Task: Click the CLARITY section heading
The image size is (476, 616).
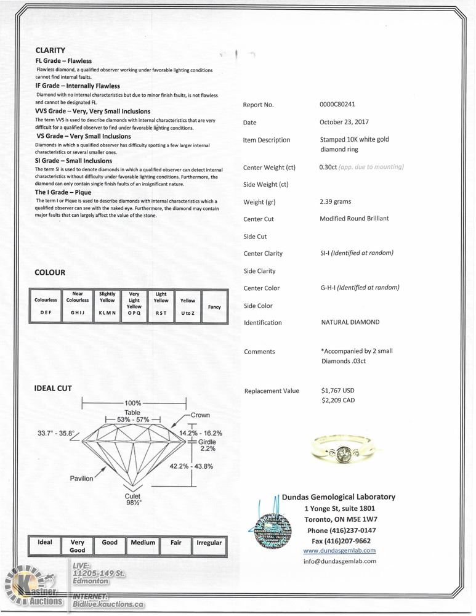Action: [x=50, y=51]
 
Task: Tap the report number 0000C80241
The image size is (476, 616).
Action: [x=337, y=105]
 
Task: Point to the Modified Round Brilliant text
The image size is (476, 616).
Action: [x=354, y=219]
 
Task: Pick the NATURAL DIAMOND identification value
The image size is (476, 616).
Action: [x=350, y=322]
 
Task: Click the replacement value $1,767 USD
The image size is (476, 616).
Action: [x=338, y=391]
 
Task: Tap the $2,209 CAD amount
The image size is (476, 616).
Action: [x=338, y=400]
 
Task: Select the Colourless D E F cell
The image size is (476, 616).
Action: [x=46, y=306]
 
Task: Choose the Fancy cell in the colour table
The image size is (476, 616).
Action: [x=214, y=307]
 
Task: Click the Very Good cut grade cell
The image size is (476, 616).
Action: [x=78, y=546]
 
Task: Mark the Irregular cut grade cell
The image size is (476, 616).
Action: [x=209, y=543]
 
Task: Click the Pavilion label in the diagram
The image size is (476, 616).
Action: [x=81, y=479]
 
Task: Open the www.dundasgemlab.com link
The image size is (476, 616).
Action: [x=339, y=551]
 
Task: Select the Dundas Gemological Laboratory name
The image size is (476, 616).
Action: [x=339, y=497]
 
